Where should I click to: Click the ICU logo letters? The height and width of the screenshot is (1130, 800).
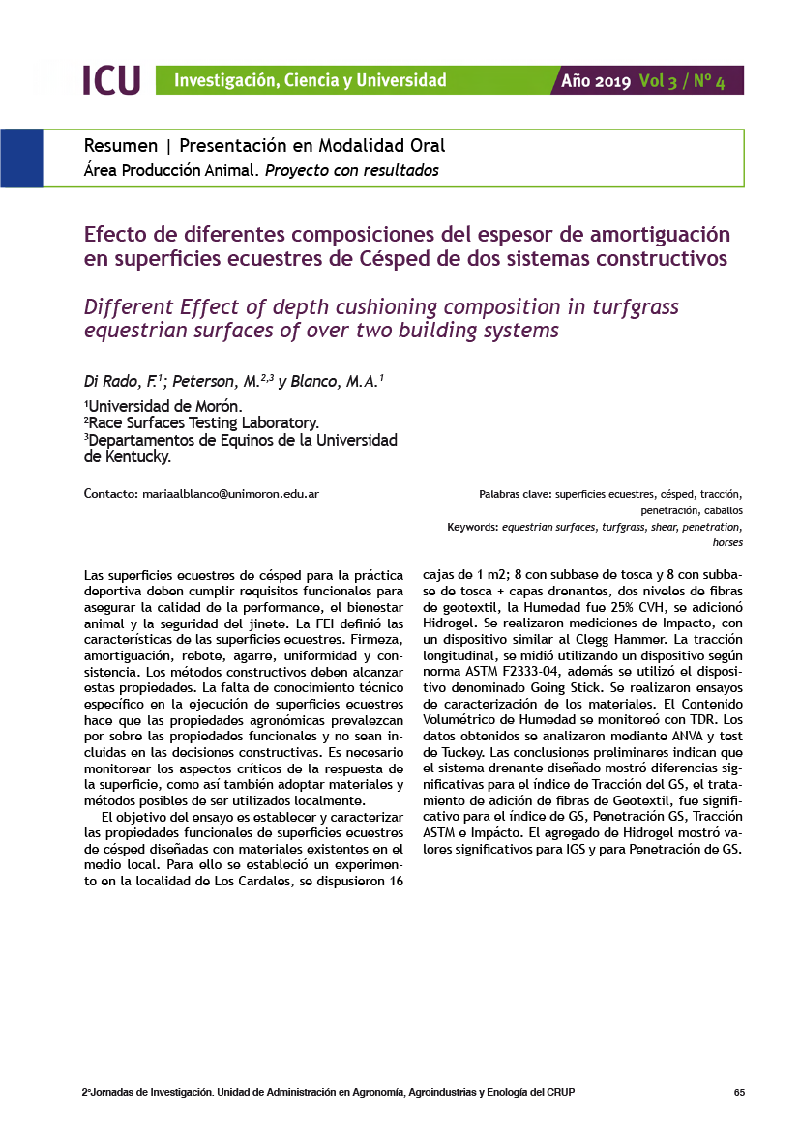111,80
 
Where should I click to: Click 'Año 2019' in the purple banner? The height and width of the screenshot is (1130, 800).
596,81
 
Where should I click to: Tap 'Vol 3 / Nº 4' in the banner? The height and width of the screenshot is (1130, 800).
682,81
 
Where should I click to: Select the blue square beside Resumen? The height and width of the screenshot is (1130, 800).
21,158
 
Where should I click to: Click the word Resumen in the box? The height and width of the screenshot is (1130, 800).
121,146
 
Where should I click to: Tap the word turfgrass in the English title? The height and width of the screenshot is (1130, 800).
625,307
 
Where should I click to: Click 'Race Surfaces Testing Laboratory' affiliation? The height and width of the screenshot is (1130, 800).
203,422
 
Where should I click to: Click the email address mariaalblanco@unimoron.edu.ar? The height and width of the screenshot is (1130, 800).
230,494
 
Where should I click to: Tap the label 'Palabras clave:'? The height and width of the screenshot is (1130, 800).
516,495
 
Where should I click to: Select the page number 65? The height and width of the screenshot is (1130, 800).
739,1093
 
